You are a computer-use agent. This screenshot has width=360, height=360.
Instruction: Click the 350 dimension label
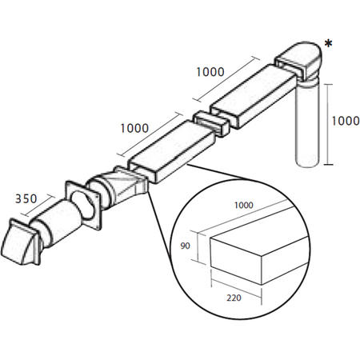point(26,199)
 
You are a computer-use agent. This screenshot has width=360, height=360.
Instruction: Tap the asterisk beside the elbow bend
point(328,44)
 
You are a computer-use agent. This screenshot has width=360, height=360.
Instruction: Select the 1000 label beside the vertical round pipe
point(346,121)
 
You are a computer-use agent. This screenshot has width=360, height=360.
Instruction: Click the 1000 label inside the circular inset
point(244,205)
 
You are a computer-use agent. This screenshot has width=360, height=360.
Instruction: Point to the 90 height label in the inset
point(185,246)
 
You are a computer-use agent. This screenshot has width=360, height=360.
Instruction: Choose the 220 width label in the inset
point(234,298)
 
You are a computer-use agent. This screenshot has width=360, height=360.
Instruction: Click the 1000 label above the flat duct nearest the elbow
point(210,72)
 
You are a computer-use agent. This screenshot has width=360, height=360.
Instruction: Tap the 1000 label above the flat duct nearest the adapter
point(134,128)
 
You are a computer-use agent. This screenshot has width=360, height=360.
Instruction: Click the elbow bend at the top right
point(298,62)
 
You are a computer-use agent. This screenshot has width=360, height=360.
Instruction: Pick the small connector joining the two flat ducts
point(211,124)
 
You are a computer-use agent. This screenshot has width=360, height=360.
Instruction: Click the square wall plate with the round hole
point(83,205)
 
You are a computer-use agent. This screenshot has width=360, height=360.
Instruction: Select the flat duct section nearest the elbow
point(254,96)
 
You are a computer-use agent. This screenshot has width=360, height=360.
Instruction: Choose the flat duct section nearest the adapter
point(172,151)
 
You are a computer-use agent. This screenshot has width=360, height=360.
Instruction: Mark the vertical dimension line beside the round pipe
point(329,124)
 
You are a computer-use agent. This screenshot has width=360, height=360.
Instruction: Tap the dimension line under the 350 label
point(38,206)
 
